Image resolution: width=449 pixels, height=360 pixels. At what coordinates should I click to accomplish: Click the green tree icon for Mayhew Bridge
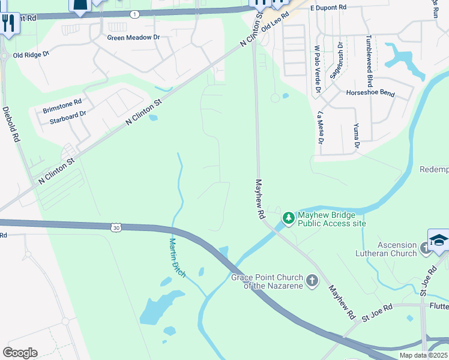tap(289, 217)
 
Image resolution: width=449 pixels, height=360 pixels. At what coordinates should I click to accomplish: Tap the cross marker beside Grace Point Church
tap(312, 280)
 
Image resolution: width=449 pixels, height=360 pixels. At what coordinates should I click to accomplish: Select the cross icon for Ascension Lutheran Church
tap(425, 247)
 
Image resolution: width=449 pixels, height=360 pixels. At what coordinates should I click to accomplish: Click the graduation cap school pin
tap(439, 239)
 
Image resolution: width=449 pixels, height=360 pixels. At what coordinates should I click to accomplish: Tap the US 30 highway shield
tap(116, 227)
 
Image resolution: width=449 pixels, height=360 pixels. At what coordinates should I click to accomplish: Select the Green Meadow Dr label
tap(134, 37)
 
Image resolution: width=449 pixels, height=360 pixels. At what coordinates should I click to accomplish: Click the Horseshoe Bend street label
tap(370, 93)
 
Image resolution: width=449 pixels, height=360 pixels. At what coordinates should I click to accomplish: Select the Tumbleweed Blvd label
tap(370, 61)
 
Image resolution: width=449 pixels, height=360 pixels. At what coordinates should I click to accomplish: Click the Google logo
tap(20, 353)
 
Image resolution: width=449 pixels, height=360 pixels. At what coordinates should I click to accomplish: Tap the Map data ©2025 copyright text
tap(423, 355)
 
